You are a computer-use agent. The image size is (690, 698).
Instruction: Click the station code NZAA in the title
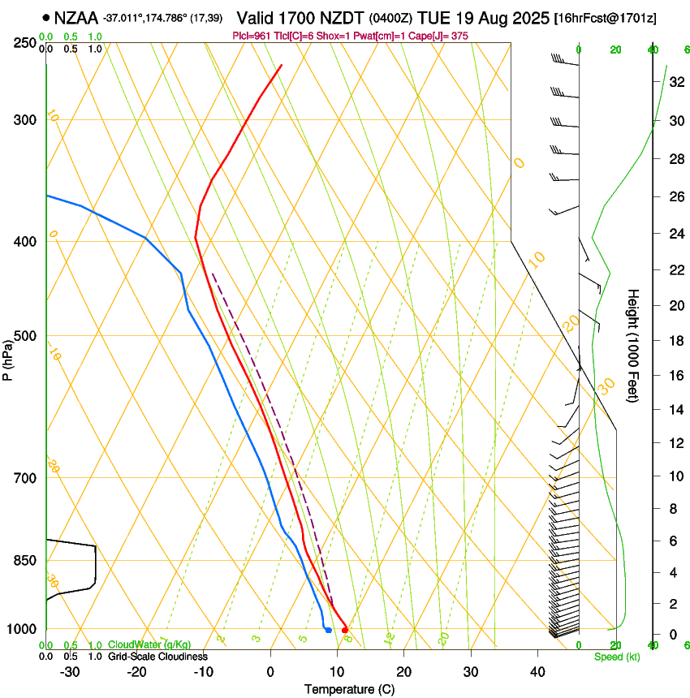[x=76, y=16]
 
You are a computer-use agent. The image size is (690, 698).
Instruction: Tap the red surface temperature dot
[x=345, y=630]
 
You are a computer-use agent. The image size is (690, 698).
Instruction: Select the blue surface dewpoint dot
[x=328, y=630]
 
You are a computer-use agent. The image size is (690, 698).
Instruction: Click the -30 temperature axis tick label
[x=70, y=672]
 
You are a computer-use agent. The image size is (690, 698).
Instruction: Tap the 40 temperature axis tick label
[x=537, y=672]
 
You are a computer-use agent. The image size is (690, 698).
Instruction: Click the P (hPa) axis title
[x=8, y=357]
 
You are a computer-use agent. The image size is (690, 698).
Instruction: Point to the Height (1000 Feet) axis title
[x=634, y=345]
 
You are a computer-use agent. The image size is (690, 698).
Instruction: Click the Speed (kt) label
[x=616, y=657]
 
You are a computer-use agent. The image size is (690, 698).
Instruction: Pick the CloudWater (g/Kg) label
[x=149, y=645]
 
